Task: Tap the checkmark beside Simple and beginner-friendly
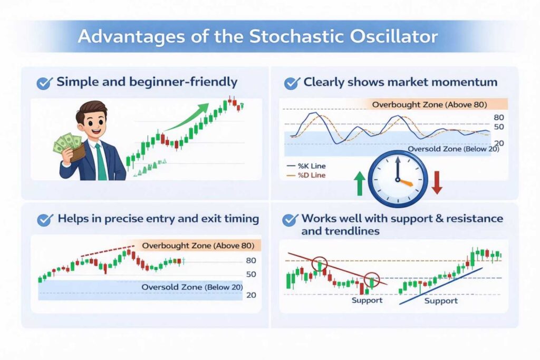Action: pos(45,83)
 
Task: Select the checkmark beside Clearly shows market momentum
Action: pos(292,83)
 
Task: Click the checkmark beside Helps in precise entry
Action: pos(45,220)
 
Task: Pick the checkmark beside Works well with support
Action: pos(291,220)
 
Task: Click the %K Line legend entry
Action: pos(306,166)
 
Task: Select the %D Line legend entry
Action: pos(306,175)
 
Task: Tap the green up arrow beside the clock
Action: pos(360,183)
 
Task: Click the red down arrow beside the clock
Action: pos(437,182)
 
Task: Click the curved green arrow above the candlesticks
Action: pos(188,117)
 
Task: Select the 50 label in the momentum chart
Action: pos(499,127)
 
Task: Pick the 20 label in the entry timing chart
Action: pos(251,295)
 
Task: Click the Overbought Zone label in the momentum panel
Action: pos(429,105)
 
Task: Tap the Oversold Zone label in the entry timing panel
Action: pos(192,287)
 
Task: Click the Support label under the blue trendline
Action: pos(441,301)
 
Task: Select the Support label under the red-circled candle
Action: pos(367,300)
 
